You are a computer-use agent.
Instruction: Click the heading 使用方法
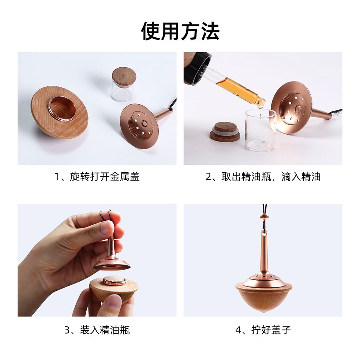[180, 31]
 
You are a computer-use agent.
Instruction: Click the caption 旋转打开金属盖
[105, 177]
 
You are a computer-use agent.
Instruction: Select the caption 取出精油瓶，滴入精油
[271, 177]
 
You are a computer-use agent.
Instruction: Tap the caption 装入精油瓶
[105, 330]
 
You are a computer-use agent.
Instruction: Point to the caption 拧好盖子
[271, 330]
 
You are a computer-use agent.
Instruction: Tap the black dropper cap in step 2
[197, 68]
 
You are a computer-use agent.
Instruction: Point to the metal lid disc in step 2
[291, 106]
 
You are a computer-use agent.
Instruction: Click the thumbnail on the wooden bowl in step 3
[114, 301]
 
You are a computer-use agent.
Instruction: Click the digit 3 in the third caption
[67, 330]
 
